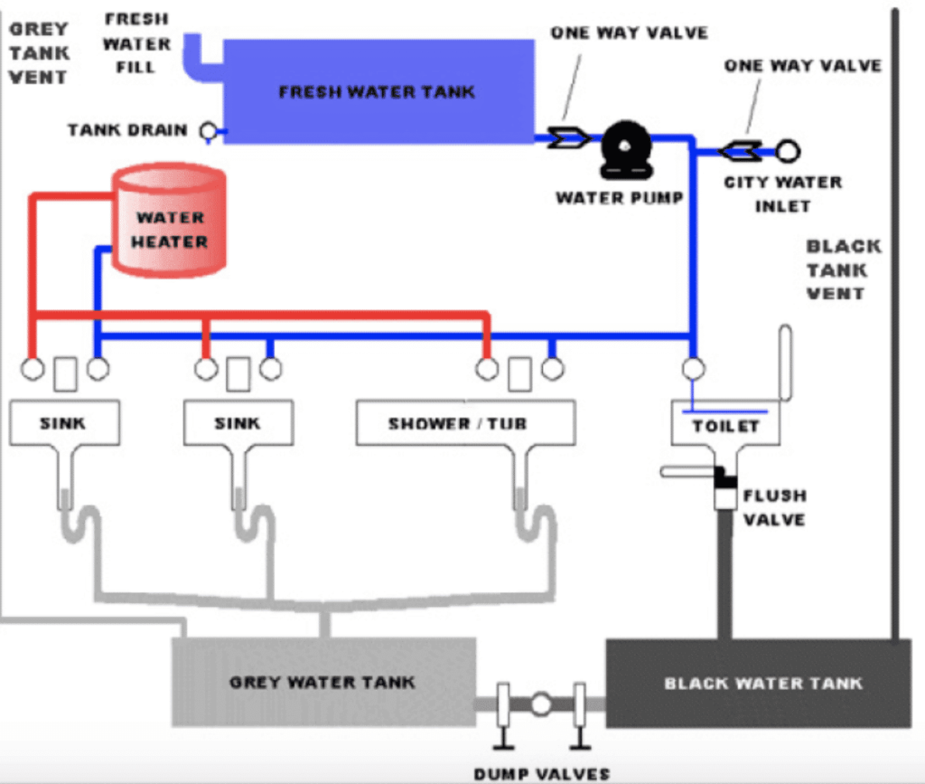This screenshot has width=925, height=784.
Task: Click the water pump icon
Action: (626, 150)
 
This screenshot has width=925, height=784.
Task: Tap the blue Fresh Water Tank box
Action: (378, 91)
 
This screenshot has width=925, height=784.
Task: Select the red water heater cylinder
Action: (169, 220)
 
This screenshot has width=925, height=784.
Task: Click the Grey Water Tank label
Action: (322, 683)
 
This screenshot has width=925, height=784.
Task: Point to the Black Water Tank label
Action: (763, 683)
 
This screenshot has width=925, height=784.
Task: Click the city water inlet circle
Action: (788, 151)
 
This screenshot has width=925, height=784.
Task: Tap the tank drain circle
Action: (209, 131)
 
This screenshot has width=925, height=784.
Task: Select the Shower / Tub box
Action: (466, 422)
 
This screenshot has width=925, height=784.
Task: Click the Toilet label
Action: (725, 426)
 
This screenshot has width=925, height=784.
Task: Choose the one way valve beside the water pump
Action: (568, 138)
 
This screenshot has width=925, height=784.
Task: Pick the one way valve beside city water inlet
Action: (741, 152)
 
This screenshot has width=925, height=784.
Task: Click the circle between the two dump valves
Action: (541, 704)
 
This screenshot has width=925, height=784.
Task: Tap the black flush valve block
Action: (724, 477)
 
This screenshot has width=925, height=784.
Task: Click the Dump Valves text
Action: (542, 773)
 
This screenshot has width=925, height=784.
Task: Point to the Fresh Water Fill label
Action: (137, 43)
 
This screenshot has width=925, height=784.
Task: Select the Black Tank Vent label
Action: (844, 269)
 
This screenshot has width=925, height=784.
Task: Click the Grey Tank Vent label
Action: (39, 52)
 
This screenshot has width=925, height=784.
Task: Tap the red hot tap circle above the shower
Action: (487, 369)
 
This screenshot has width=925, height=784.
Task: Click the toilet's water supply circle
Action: (693, 369)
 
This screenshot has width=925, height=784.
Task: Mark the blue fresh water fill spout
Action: (198, 58)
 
